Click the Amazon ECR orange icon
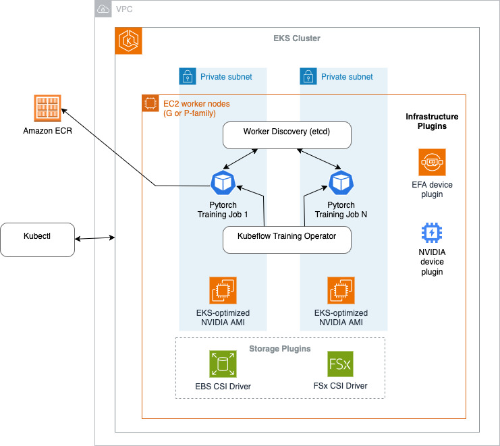[47, 109]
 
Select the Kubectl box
[37, 239]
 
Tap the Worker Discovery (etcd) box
[287, 135]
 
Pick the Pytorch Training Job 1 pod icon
[222, 182]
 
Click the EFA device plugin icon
[432, 163]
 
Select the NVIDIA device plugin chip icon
[432, 233]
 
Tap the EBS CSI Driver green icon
[222, 365]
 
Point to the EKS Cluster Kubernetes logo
[128, 40]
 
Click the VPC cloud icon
[103, 9]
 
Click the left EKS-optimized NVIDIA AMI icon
[222, 290]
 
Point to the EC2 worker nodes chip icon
[150, 104]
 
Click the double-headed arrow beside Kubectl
[94, 238]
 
